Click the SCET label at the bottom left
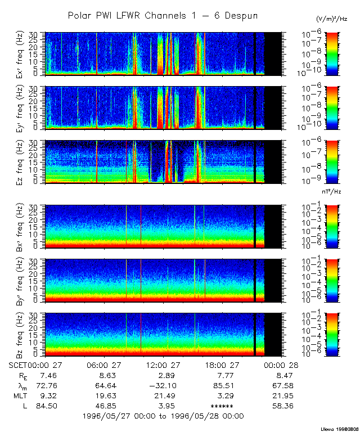point(19,364)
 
